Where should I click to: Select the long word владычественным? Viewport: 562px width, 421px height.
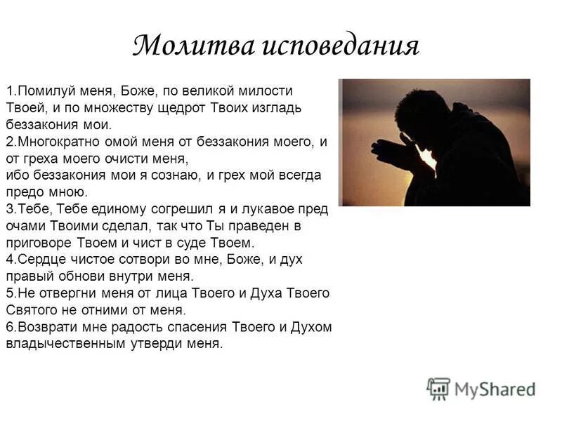[62, 343]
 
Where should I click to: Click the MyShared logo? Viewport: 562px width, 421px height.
[481, 388]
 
